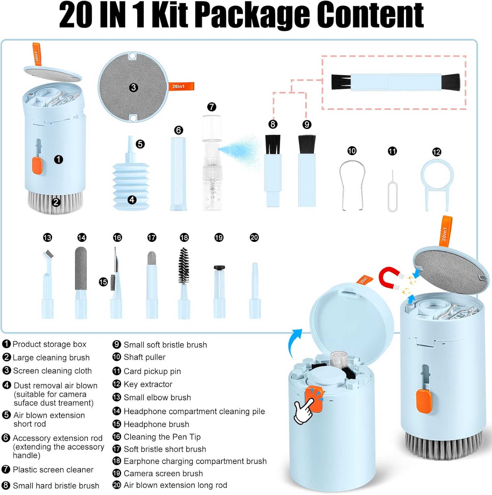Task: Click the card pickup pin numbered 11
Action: [393, 191]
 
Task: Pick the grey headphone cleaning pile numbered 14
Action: [81, 282]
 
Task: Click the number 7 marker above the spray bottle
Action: [212, 107]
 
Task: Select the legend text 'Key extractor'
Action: [148, 384]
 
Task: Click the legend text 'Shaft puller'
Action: [145, 357]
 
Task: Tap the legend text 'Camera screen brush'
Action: [163, 473]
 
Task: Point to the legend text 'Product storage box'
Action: [49, 344]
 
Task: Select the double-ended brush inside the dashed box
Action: [396, 82]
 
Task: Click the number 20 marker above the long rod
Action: [254, 238]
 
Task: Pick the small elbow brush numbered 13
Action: [48, 284]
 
